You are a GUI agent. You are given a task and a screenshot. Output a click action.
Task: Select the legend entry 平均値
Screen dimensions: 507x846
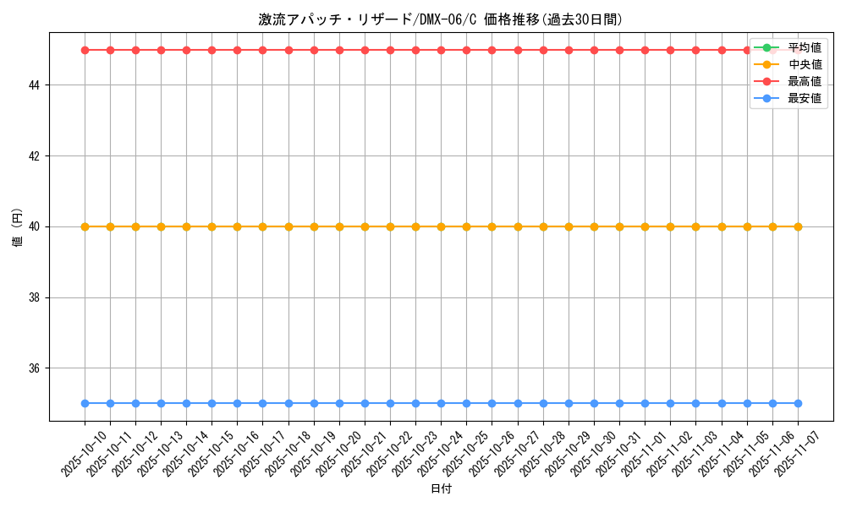pos(804,47)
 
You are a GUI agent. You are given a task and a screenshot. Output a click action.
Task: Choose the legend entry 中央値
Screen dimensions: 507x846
pos(804,64)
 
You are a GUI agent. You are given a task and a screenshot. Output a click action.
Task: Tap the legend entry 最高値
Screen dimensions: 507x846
pos(804,81)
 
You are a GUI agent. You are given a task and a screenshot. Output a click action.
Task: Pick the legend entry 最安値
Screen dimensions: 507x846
pos(804,98)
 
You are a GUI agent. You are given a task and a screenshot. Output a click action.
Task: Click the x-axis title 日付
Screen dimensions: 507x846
pos(441,489)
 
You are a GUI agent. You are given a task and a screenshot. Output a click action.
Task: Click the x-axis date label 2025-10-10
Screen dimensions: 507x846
pos(84,453)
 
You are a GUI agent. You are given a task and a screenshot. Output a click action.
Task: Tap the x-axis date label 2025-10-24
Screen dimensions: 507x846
pos(440,453)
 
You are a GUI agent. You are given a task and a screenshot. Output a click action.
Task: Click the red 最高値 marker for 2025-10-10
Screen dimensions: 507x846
pos(85,50)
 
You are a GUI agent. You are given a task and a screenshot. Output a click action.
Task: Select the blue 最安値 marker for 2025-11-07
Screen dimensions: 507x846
pos(798,404)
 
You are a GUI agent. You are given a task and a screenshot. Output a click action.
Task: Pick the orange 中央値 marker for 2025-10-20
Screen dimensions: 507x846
pos(339,226)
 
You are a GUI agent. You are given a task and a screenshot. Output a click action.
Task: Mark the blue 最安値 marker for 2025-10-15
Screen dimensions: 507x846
pos(211,404)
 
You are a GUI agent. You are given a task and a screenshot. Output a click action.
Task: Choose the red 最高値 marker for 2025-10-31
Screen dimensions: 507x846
pos(619,50)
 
